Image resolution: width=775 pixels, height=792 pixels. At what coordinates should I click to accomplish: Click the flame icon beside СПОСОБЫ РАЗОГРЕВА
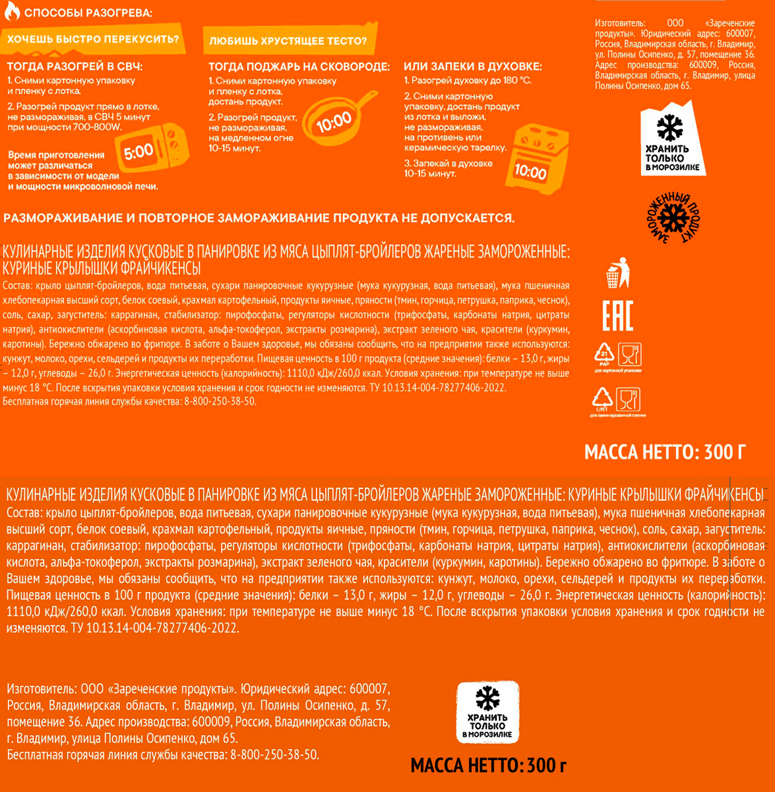(x=11, y=13)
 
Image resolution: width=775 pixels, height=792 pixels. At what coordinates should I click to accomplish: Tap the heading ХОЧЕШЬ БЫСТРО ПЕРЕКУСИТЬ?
(x=93, y=40)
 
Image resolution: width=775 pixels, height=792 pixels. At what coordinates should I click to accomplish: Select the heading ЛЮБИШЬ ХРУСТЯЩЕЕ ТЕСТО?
(x=288, y=42)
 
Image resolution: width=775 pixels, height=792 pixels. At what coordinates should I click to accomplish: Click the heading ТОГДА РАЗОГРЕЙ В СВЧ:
(x=75, y=67)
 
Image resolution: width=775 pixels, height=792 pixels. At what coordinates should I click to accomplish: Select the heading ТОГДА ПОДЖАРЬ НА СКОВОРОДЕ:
(x=299, y=67)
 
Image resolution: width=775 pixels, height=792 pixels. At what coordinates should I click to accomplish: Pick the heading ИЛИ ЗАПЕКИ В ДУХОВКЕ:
(x=473, y=67)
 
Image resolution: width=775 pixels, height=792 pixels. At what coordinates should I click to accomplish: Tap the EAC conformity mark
(x=617, y=315)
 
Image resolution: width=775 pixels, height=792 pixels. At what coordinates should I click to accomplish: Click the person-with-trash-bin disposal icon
(x=617, y=273)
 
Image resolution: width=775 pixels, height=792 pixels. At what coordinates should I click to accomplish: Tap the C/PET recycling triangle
(x=603, y=399)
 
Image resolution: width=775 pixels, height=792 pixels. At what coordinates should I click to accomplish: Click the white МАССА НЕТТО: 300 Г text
(x=665, y=453)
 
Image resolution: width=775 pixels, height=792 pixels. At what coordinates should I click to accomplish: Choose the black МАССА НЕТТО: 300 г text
(x=488, y=766)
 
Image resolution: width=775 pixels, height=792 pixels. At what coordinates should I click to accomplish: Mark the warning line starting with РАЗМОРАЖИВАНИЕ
(x=259, y=218)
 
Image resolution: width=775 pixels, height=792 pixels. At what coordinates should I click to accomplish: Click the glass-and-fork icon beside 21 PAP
(x=630, y=354)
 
